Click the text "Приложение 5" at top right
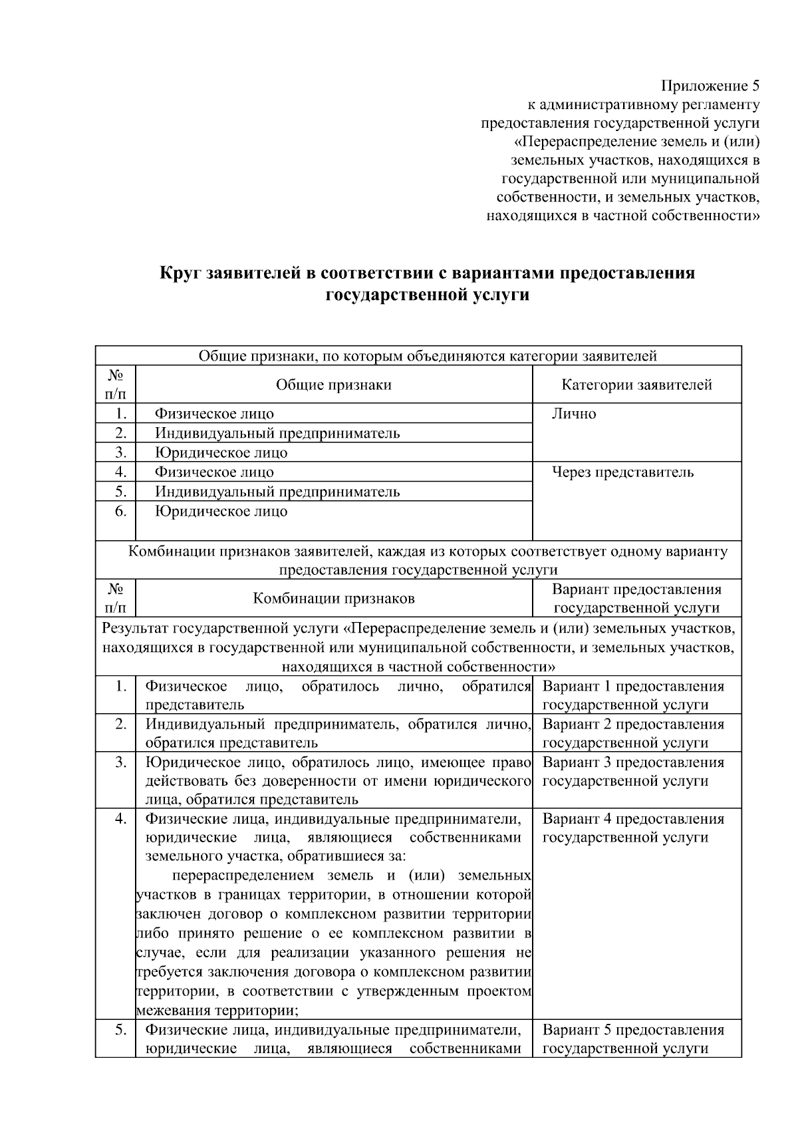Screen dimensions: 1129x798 (710, 86)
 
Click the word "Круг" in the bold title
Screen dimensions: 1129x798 (181, 273)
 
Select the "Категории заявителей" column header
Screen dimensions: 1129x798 (636, 385)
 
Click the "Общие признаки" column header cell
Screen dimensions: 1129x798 (333, 385)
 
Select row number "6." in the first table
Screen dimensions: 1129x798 (120, 512)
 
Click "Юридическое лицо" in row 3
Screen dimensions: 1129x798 (221, 453)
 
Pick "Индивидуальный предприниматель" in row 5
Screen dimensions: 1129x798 (277, 492)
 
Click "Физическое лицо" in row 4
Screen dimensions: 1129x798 (214, 472)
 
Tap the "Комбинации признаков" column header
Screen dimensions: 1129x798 (333, 598)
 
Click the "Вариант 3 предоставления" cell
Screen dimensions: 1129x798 (633, 762)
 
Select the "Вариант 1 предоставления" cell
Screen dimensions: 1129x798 (633, 687)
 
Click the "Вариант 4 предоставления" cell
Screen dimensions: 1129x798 (633, 819)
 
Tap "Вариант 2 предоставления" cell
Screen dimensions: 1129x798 (633, 725)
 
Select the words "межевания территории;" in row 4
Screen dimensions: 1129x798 (217, 1011)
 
